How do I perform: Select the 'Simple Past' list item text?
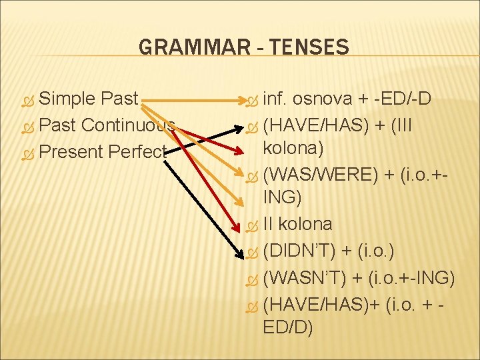(89, 99)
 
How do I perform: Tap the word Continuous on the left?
(129, 125)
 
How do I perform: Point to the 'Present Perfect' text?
(101, 151)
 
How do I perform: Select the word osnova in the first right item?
(323, 99)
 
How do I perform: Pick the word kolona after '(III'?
(294, 148)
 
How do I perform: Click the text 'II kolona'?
(297, 223)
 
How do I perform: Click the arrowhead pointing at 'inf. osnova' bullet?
(243, 101)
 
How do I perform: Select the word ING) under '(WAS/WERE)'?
(283, 198)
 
